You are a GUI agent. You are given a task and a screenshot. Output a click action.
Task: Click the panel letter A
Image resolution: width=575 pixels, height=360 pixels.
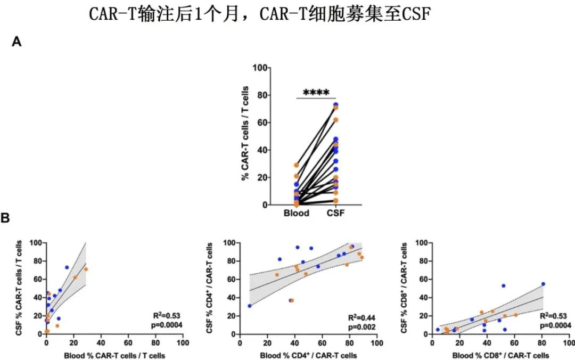[17, 42]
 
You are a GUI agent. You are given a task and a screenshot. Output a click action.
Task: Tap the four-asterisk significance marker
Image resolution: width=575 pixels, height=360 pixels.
[313, 93]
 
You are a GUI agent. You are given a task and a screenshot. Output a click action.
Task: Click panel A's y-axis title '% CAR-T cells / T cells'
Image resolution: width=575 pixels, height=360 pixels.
[245, 136]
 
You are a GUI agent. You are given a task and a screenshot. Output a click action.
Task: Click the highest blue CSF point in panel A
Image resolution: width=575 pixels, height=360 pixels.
[336, 105]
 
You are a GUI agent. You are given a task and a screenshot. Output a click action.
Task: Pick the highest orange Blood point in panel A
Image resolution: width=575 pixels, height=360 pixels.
[297, 165]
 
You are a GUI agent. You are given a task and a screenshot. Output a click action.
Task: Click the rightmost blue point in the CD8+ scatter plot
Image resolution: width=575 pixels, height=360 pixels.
[543, 284]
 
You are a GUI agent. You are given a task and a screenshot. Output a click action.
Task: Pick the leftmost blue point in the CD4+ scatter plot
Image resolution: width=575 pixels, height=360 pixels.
[250, 306]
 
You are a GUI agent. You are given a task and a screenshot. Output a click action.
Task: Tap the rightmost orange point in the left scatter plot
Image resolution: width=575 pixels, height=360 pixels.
[86, 269]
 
